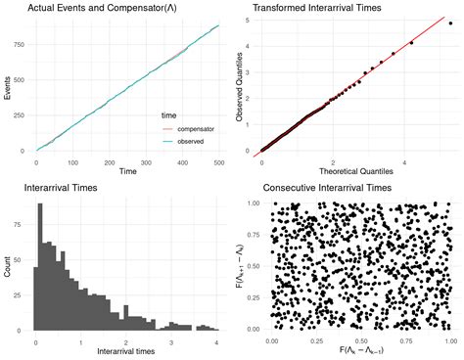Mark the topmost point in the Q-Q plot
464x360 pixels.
(x=450, y=22)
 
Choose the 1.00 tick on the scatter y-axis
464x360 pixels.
(x=254, y=203)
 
